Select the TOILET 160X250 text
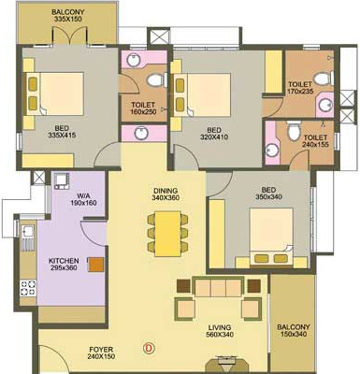point(142,109)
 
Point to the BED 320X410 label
point(214,134)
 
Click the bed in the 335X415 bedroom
point(56,93)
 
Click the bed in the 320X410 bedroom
point(215,93)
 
